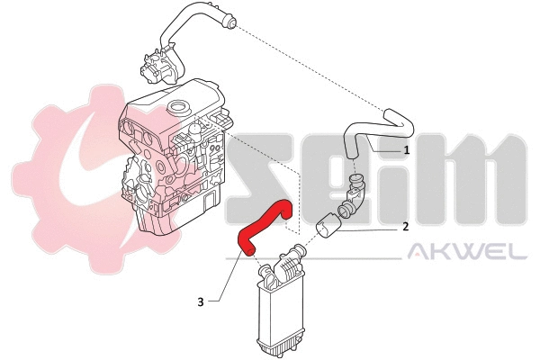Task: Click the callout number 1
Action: pyautogui.click(x=407, y=150)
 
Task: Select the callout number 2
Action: pyautogui.click(x=406, y=227)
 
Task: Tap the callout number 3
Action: pyautogui.click(x=200, y=302)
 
